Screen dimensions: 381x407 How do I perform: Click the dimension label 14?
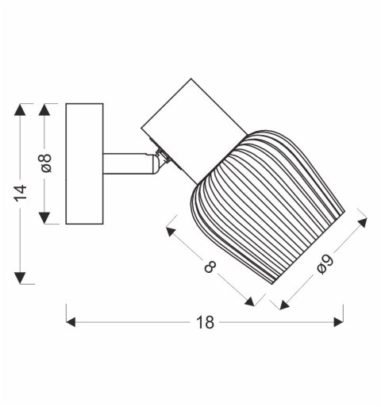point(21,194)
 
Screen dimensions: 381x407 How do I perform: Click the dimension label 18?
point(205,322)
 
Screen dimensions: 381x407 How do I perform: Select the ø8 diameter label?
point(46,163)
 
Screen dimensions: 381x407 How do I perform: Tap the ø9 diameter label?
point(325,264)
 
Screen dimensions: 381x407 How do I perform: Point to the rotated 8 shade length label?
point(210,267)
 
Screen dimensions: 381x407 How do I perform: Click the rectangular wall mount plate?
point(84,163)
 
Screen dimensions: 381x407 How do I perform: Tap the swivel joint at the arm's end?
point(158,161)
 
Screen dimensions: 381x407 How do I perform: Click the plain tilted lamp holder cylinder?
point(194,131)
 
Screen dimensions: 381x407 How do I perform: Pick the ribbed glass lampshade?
point(267,206)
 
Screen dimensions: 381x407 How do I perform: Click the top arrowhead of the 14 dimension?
point(20,109)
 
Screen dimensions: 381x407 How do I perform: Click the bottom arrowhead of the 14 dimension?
point(20,278)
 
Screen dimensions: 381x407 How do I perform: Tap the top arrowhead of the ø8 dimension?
point(44,109)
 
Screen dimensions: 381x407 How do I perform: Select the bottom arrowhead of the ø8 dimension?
point(44,217)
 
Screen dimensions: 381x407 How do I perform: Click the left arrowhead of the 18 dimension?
point(71,322)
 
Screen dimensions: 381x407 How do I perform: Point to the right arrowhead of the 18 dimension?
point(338,322)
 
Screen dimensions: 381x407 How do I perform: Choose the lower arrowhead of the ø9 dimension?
point(285,305)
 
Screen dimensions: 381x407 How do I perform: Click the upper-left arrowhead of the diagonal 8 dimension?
point(171,232)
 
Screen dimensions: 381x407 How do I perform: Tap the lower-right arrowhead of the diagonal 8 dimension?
point(249,301)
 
